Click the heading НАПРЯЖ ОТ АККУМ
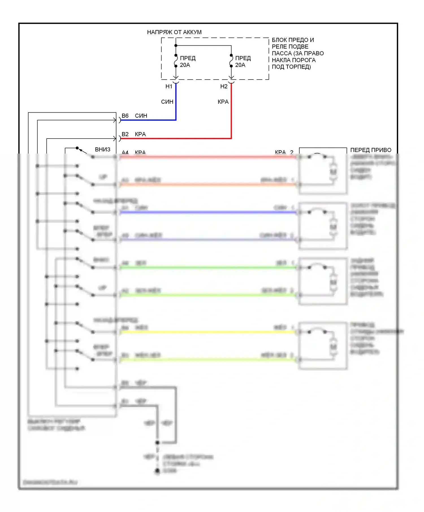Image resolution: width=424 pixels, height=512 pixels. click(x=174, y=32)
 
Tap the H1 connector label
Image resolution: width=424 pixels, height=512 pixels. click(x=169, y=86)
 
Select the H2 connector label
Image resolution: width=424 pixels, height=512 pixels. click(x=224, y=86)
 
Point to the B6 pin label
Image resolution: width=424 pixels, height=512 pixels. click(x=125, y=116)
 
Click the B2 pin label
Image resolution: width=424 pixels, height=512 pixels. click(x=125, y=134)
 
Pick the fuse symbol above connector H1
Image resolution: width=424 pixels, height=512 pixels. click(x=176, y=60)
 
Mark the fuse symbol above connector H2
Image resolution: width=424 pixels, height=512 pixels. click(x=231, y=60)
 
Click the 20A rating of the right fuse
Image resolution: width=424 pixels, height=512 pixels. click(x=240, y=65)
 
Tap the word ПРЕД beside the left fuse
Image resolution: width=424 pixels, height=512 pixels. click(x=188, y=58)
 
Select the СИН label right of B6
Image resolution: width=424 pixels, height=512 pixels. click(x=141, y=116)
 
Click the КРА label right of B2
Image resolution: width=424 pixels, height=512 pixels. click(x=140, y=134)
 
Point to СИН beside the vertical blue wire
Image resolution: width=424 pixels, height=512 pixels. click(x=167, y=102)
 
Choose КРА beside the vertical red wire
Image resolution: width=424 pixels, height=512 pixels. click(x=223, y=102)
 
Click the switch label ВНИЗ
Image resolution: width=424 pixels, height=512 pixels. click(x=102, y=149)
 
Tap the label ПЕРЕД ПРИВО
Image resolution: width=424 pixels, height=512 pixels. click(x=371, y=150)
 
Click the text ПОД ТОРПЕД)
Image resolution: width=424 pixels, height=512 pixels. click(x=291, y=67)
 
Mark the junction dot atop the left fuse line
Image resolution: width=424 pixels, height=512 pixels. click(x=176, y=45)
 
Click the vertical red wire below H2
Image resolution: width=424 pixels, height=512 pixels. click(x=231, y=113)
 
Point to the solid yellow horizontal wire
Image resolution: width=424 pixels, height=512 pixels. click(x=208, y=332)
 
